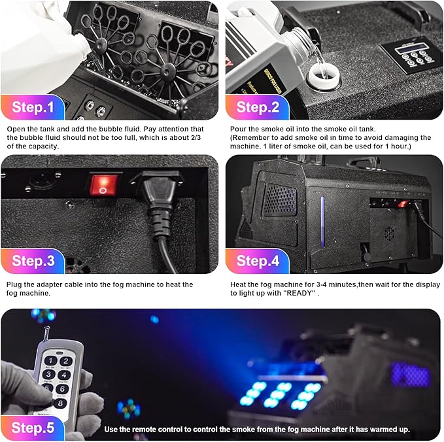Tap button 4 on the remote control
pyautogui.click(x=63, y=375)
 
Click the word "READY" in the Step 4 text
pyautogui.click(x=301, y=293)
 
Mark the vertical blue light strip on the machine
pyautogui.click(x=322, y=220)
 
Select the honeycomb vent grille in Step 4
pyautogui.click(x=280, y=199)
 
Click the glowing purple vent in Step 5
pyautogui.click(x=411, y=374)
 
